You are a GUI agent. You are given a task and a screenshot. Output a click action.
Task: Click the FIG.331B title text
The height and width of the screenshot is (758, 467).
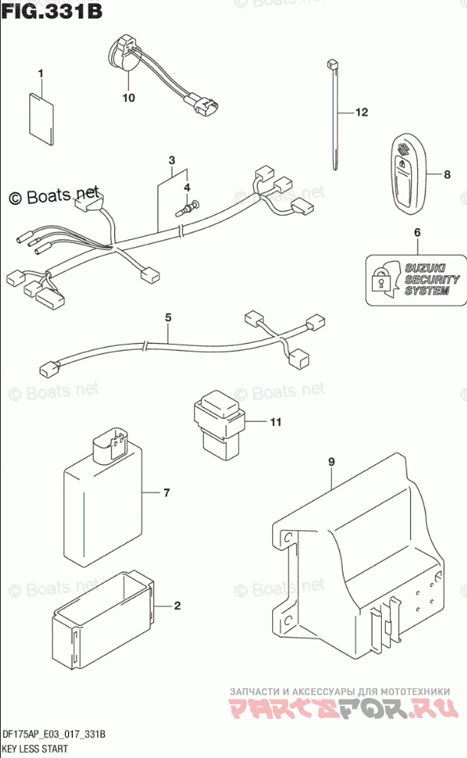(x=51, y=12)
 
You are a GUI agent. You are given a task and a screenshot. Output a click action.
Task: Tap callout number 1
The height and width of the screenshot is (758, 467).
(x=41, y=74)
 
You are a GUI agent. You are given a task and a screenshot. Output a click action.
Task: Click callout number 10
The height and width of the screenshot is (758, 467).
(x=127, y=97)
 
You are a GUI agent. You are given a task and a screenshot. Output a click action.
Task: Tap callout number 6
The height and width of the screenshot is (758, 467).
(x=417, y=232)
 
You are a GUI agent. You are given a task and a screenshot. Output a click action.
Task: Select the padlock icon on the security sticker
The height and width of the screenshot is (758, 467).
(x=380, y=281)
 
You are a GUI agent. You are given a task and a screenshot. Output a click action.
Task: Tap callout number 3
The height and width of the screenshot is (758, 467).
(x=173, y=160)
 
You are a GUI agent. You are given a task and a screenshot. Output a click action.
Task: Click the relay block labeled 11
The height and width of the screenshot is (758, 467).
(x=218, y=424)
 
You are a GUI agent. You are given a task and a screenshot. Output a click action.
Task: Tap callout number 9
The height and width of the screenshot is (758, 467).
(x=331, y=462)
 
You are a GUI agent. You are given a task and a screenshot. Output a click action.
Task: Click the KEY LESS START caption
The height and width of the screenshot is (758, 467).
(x=35, y=748)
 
